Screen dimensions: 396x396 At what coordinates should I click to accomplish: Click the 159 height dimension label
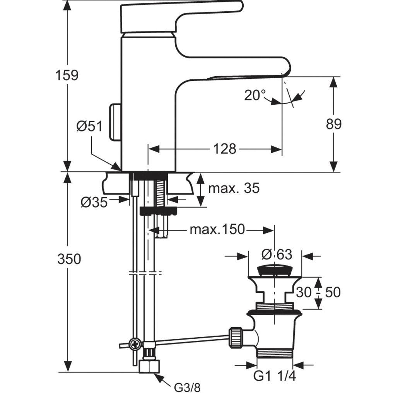pyautogui.click(x=68, y=75)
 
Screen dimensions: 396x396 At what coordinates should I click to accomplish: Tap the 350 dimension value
pyautogui.click(x=69, y=259)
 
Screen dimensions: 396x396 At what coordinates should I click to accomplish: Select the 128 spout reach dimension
pyautogui.click(x=224, y=148)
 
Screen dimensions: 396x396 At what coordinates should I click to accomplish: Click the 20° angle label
pyautogui.click(x=255, y=95)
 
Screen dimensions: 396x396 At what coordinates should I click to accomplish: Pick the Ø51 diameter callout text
pyautogui.click(x=89, y=126)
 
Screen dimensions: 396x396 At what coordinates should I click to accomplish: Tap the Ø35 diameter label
pyautogui.click(x=94, y=202)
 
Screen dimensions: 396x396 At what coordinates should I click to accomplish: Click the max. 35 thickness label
pyautogui.click(x=234, y=188)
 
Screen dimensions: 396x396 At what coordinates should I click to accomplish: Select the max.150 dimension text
pyautogui.click(x=217, y=230)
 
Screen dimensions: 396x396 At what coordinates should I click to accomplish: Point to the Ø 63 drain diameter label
pyautogui.click(x=276, y=254)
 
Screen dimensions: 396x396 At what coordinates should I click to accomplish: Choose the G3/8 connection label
pyautogui.click(x=187, y=387)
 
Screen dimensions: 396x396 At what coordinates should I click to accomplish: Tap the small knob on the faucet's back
pyautogui.click(x=115, y=122)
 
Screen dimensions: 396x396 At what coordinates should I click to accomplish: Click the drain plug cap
pyautogui.click(x=274, y=269)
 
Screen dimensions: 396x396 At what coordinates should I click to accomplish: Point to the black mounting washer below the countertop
pyautogui.click(x=158, y=211)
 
